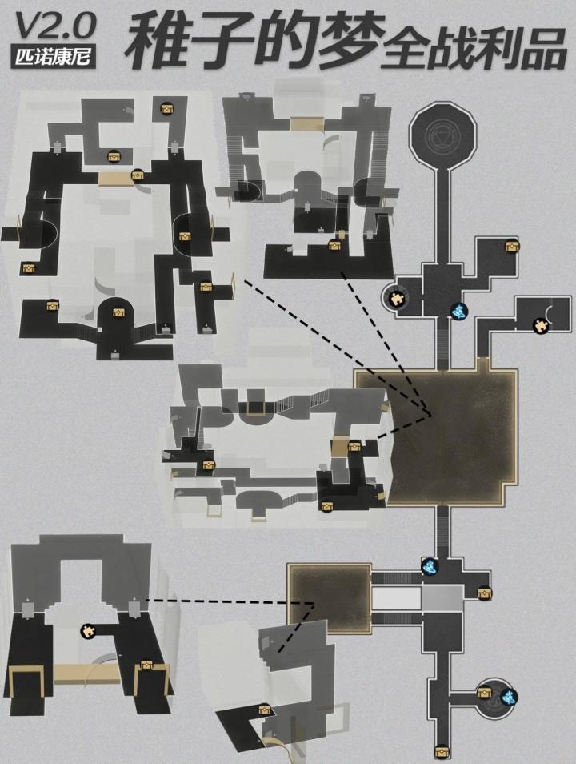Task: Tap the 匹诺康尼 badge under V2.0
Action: [53, 57]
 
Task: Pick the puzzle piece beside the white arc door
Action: [539, 325]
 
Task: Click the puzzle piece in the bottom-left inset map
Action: [88, 631]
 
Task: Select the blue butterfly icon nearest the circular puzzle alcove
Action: [458, 311]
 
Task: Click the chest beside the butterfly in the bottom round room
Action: [485, 692]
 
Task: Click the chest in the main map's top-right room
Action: [512, 246]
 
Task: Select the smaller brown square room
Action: [329, 598]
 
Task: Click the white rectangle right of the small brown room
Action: [396, 598]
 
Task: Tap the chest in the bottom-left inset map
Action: [146, 665]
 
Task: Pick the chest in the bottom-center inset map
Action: [264, 710]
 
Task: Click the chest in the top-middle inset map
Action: [334, 245]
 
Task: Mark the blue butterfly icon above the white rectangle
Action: [430, 566]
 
